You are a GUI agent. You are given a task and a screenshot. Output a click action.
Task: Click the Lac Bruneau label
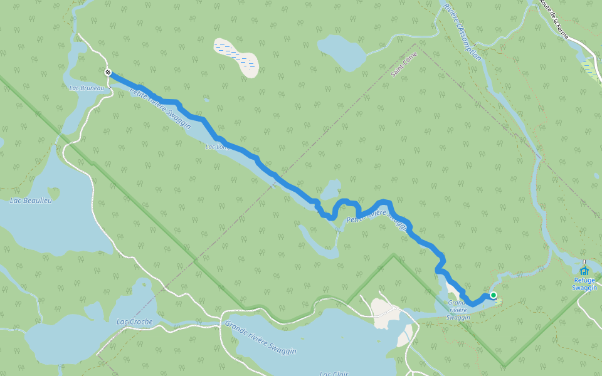tap(87, 88)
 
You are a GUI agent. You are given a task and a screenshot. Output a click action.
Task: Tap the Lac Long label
tap(216, 148)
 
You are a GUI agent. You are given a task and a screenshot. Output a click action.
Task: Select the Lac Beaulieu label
tap(31, 201)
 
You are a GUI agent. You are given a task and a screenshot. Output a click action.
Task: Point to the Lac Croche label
tap(134, 321)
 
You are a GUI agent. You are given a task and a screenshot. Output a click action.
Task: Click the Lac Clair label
tap(333, 373)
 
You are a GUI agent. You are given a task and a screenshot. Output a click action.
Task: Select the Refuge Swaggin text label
tap(584, 284)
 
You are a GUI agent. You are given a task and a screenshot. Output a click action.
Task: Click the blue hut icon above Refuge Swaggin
tap(584, 271)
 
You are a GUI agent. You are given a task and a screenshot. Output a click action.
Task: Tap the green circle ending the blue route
tap(494, 295)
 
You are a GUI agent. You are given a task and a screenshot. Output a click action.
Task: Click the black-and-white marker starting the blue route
tap(108, 73)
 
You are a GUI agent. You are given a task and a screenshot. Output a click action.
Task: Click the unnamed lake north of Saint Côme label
tap(342, 51)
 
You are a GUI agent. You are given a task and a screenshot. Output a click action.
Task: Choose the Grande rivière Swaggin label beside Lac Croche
tap(260, 338)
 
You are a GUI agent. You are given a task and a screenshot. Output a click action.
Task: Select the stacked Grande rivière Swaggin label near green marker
tap(458, 310)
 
